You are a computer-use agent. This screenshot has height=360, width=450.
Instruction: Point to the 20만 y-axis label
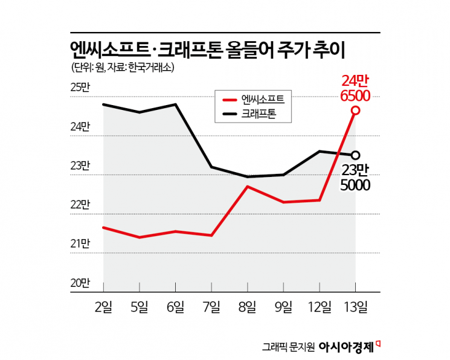(80, 283)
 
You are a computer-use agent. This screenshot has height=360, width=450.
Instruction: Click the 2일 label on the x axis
(103, 307)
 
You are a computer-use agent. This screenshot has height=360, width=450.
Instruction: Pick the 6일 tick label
(175, 307)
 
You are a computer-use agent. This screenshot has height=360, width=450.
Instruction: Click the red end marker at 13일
(356, 110)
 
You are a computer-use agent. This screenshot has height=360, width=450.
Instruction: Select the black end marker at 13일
(356, 155)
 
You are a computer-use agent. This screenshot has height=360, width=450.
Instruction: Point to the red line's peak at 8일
(247, 187)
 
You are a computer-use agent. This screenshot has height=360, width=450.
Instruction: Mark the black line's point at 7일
(211, 167)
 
